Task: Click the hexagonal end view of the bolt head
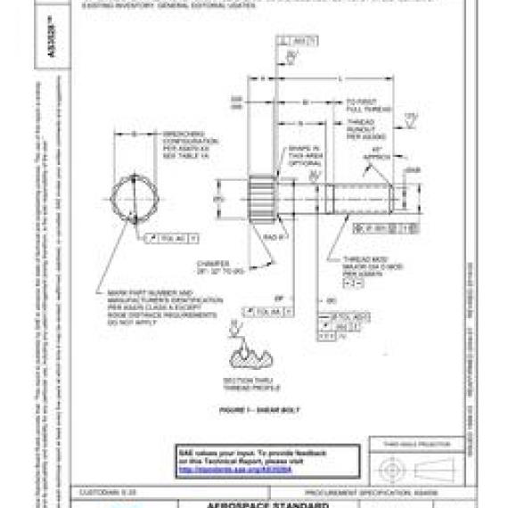click(136, 197)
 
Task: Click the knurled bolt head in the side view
click(264, 197)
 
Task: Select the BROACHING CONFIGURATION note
click(184, 143)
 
